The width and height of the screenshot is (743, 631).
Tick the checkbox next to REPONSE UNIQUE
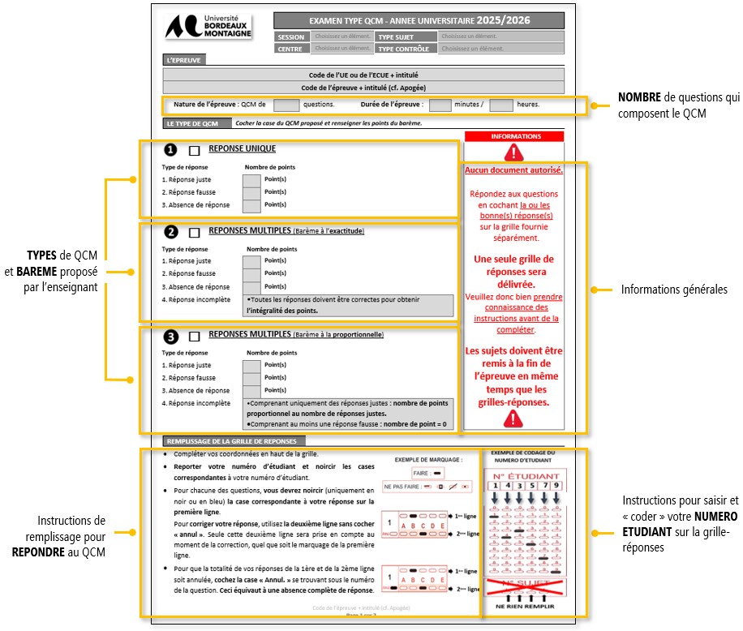pyautogui.click(x=194, y=151)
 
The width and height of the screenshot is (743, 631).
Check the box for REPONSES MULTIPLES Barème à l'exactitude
pyautogui.click(x=194, y=233)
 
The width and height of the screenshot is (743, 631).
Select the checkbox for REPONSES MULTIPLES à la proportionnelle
pyautogui.click(x=194, y=337)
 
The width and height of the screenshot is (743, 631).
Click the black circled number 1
pyautogui.click(x=170, y=150)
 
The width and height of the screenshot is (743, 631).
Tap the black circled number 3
pyautogui.click(x=170, y=337)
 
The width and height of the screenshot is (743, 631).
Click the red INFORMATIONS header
pyautogui.click(x=514, y=136)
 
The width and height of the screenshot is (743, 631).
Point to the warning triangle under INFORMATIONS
pyautogui.click(x=514, y=152)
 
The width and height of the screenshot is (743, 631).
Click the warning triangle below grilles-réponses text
pyautogui.click(x=513, y=419)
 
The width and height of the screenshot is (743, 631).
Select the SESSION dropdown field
pyautogui.click(x=342, y=36)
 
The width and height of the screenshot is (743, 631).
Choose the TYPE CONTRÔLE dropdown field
pyautogui.click(x=500, y=49)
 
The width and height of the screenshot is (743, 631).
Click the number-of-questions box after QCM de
pyautogui.click(x=286, y=105)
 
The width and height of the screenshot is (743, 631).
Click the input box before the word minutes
pyautogui.click(x=440, y=105)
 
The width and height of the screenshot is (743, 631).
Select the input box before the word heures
pyautogui.click(x=501, y=105)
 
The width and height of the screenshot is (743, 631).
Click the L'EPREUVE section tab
pyautogui.click(x=183, y=60)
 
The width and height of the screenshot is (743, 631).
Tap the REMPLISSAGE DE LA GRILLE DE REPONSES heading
pyautogui.click(x=220, y=440)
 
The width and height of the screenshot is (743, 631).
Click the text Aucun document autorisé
pyautogui.click(x=514, y=170)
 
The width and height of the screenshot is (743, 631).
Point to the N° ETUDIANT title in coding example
pyautogui.click(x=526, y=476)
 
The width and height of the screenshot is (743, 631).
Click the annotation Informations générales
pyautogui.click(x=674, y=290)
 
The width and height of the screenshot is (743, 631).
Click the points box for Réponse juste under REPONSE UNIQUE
pyautogui.click(x=251, y=180)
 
